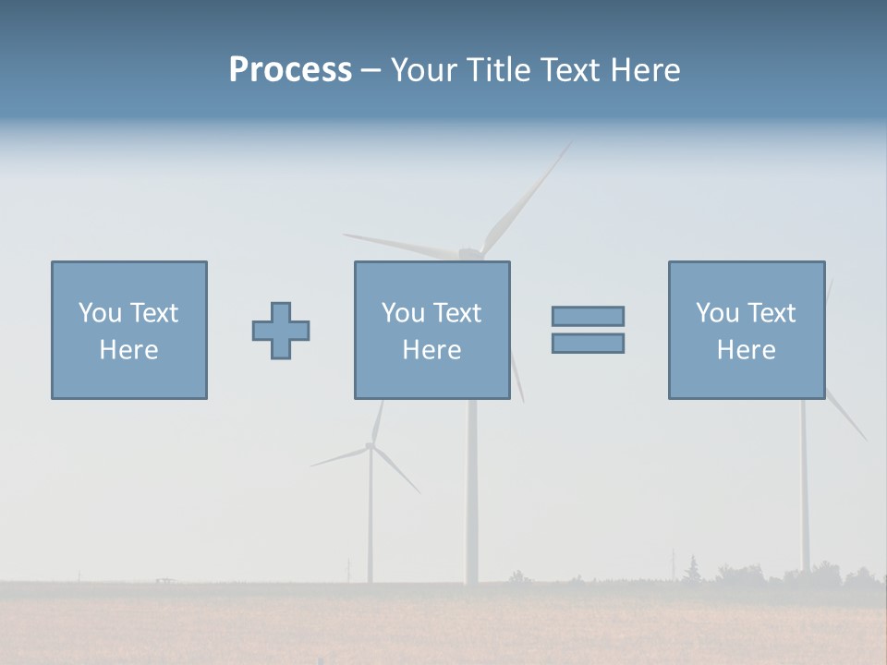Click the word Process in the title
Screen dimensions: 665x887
(290, 70)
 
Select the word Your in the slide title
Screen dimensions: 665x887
(421, 70)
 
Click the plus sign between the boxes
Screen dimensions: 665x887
(281, 331)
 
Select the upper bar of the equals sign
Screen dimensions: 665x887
(588, 316)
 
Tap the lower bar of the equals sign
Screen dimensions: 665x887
(588, 343)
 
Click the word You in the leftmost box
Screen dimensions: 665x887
(99, 313)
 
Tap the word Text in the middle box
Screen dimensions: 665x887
(457, 313)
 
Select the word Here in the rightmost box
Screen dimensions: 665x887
(746, 350)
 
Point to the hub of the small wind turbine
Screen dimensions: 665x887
(371, 446)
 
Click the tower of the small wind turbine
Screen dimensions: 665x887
(371, 526)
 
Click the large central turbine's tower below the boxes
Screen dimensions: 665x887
(472, 490)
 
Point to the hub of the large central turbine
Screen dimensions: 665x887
(470, 253)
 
